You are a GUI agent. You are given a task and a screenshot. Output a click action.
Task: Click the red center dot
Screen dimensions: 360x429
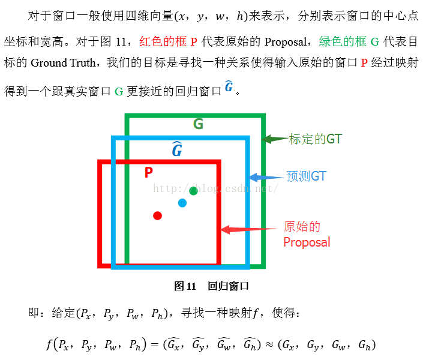(157, 215)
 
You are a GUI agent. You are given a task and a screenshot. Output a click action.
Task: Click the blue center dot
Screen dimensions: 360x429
(182, 203)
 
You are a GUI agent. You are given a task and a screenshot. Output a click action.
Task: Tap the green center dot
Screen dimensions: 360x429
(193, 191)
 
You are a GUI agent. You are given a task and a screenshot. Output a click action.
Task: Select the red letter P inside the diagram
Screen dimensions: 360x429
(149, 173)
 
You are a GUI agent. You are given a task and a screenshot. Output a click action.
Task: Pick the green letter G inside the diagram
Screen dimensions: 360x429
(198, 124)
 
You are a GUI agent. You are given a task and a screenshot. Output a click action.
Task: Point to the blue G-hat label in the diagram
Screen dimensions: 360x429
(177, 149)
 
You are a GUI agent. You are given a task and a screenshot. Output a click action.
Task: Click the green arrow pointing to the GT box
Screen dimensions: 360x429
(275, 139)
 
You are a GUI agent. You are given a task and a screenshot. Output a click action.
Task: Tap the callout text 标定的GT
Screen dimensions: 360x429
(316, 139)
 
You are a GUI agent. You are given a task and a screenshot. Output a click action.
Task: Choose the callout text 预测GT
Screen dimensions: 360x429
(306, 176)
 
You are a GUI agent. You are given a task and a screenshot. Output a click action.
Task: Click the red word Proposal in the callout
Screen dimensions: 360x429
(307, 242)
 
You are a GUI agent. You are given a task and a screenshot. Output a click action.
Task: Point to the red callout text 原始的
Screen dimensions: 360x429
(302, 227)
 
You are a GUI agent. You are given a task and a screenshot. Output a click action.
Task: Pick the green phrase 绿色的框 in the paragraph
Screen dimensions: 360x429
(343, 42)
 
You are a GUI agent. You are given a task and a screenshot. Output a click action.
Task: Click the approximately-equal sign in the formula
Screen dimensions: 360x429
(269, 344)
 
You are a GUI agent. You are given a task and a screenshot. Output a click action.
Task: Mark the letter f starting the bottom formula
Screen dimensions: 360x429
(49, 344)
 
